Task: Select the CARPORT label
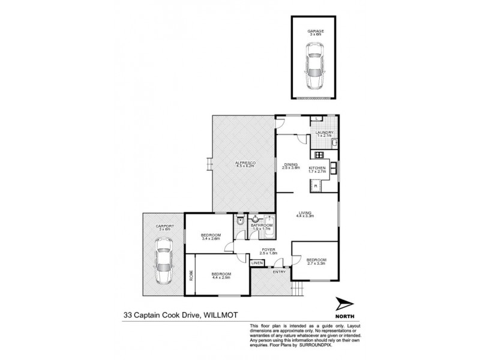click(164, 227)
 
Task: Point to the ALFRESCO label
click(244, 163)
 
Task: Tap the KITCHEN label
click(317, 168)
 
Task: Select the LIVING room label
click(307, 212)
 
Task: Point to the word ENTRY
click(280, 272)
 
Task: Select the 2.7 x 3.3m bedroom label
click(316, 260)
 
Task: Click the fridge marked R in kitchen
click(314, 187)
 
